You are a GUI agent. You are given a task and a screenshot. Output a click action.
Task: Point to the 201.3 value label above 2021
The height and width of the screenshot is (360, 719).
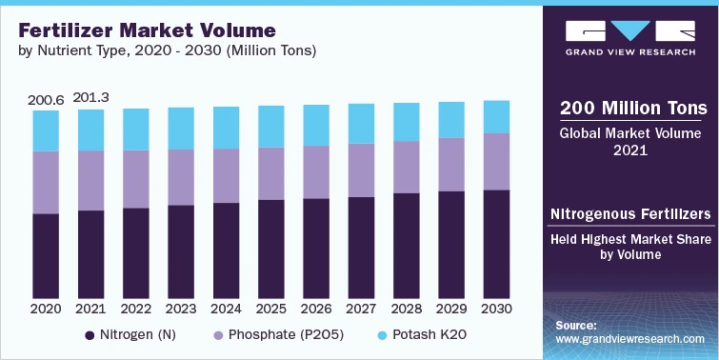91,97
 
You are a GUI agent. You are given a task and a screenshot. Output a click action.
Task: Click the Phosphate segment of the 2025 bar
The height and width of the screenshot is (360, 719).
270,173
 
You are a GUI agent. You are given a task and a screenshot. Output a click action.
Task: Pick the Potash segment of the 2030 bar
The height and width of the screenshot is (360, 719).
495,116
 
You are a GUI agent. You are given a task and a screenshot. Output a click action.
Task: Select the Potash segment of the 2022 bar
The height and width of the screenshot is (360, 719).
136,129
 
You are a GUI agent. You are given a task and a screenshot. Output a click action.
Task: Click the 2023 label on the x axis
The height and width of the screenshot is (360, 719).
181,310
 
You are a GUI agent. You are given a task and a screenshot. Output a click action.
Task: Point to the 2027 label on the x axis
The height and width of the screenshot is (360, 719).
361,310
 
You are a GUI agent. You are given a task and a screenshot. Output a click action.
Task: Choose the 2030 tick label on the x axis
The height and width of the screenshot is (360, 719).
495,310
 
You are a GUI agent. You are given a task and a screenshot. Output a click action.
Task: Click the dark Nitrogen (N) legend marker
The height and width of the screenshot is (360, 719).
90,335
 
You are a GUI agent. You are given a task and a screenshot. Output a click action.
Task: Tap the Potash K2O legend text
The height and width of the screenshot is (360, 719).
434,335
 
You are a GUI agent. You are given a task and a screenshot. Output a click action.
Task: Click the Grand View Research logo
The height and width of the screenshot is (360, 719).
629,35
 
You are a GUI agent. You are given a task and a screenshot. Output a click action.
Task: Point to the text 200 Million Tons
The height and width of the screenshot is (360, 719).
629,106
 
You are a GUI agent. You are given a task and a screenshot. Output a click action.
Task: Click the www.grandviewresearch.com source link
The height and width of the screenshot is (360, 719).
629,338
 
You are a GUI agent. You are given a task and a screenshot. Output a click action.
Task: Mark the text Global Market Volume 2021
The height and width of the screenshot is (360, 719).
629,141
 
